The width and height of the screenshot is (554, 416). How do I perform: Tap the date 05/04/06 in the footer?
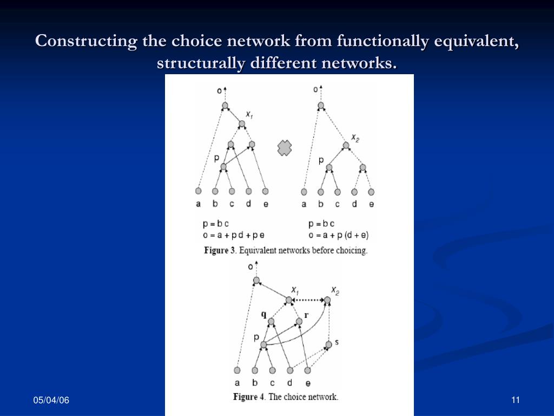pos(51,400)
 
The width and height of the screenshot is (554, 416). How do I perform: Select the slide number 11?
pos(515,400)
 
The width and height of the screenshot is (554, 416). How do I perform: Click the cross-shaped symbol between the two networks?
pos(285,148)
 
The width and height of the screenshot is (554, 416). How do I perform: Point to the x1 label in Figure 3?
pos(249,115)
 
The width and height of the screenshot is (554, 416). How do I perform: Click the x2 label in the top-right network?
pos(355,138)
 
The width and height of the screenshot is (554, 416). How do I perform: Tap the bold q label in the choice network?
pos(264,314)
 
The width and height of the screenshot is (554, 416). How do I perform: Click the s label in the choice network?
pos(337,342)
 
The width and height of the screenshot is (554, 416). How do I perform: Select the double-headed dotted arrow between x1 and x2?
pos(308,300)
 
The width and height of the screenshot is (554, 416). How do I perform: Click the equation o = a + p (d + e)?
pos(338,235)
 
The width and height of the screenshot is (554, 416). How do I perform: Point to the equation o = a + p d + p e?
pos(233,235)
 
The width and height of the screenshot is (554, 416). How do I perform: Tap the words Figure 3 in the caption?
pos(220,251)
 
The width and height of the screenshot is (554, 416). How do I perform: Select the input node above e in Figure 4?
pos(307,370)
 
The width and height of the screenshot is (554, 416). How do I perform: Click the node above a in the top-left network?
pos(199,191)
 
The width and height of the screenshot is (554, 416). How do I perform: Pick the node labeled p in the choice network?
pos(263,344)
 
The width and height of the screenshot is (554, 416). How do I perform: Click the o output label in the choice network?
pos(250,266)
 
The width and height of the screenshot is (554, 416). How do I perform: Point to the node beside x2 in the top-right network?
pos(346,145)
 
